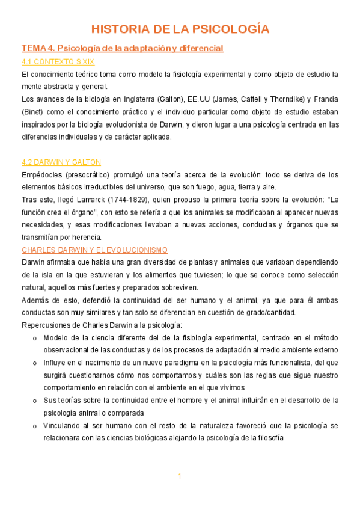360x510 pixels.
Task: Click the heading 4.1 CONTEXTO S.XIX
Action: (58, 61)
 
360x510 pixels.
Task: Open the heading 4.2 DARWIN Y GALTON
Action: (61, 162)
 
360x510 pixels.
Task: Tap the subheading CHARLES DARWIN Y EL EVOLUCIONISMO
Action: (94, 250)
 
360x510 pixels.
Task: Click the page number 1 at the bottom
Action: (179, 476)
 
